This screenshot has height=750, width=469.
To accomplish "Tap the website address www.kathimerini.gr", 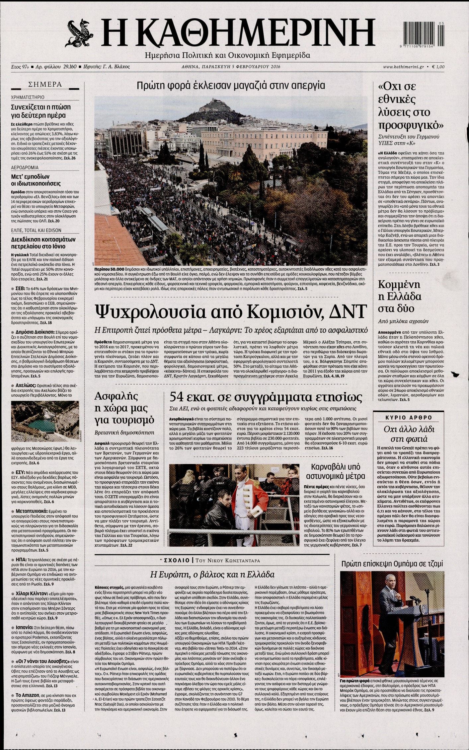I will tap(403, 67).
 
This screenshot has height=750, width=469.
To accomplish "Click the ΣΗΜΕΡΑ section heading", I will tap(45, 85).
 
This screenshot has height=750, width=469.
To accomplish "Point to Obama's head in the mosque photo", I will tap(390, 581).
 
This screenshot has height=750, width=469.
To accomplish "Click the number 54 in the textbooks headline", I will tap(177, 397).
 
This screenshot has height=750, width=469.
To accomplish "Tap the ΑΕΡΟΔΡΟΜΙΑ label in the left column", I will tap(25, 168).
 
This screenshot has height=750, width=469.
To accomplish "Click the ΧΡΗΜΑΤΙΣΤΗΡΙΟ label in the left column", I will tap(28, 98).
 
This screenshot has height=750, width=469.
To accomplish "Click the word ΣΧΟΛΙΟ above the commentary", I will tap(176, 561).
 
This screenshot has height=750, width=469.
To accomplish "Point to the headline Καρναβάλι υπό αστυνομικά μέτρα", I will tap(336, 471).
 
